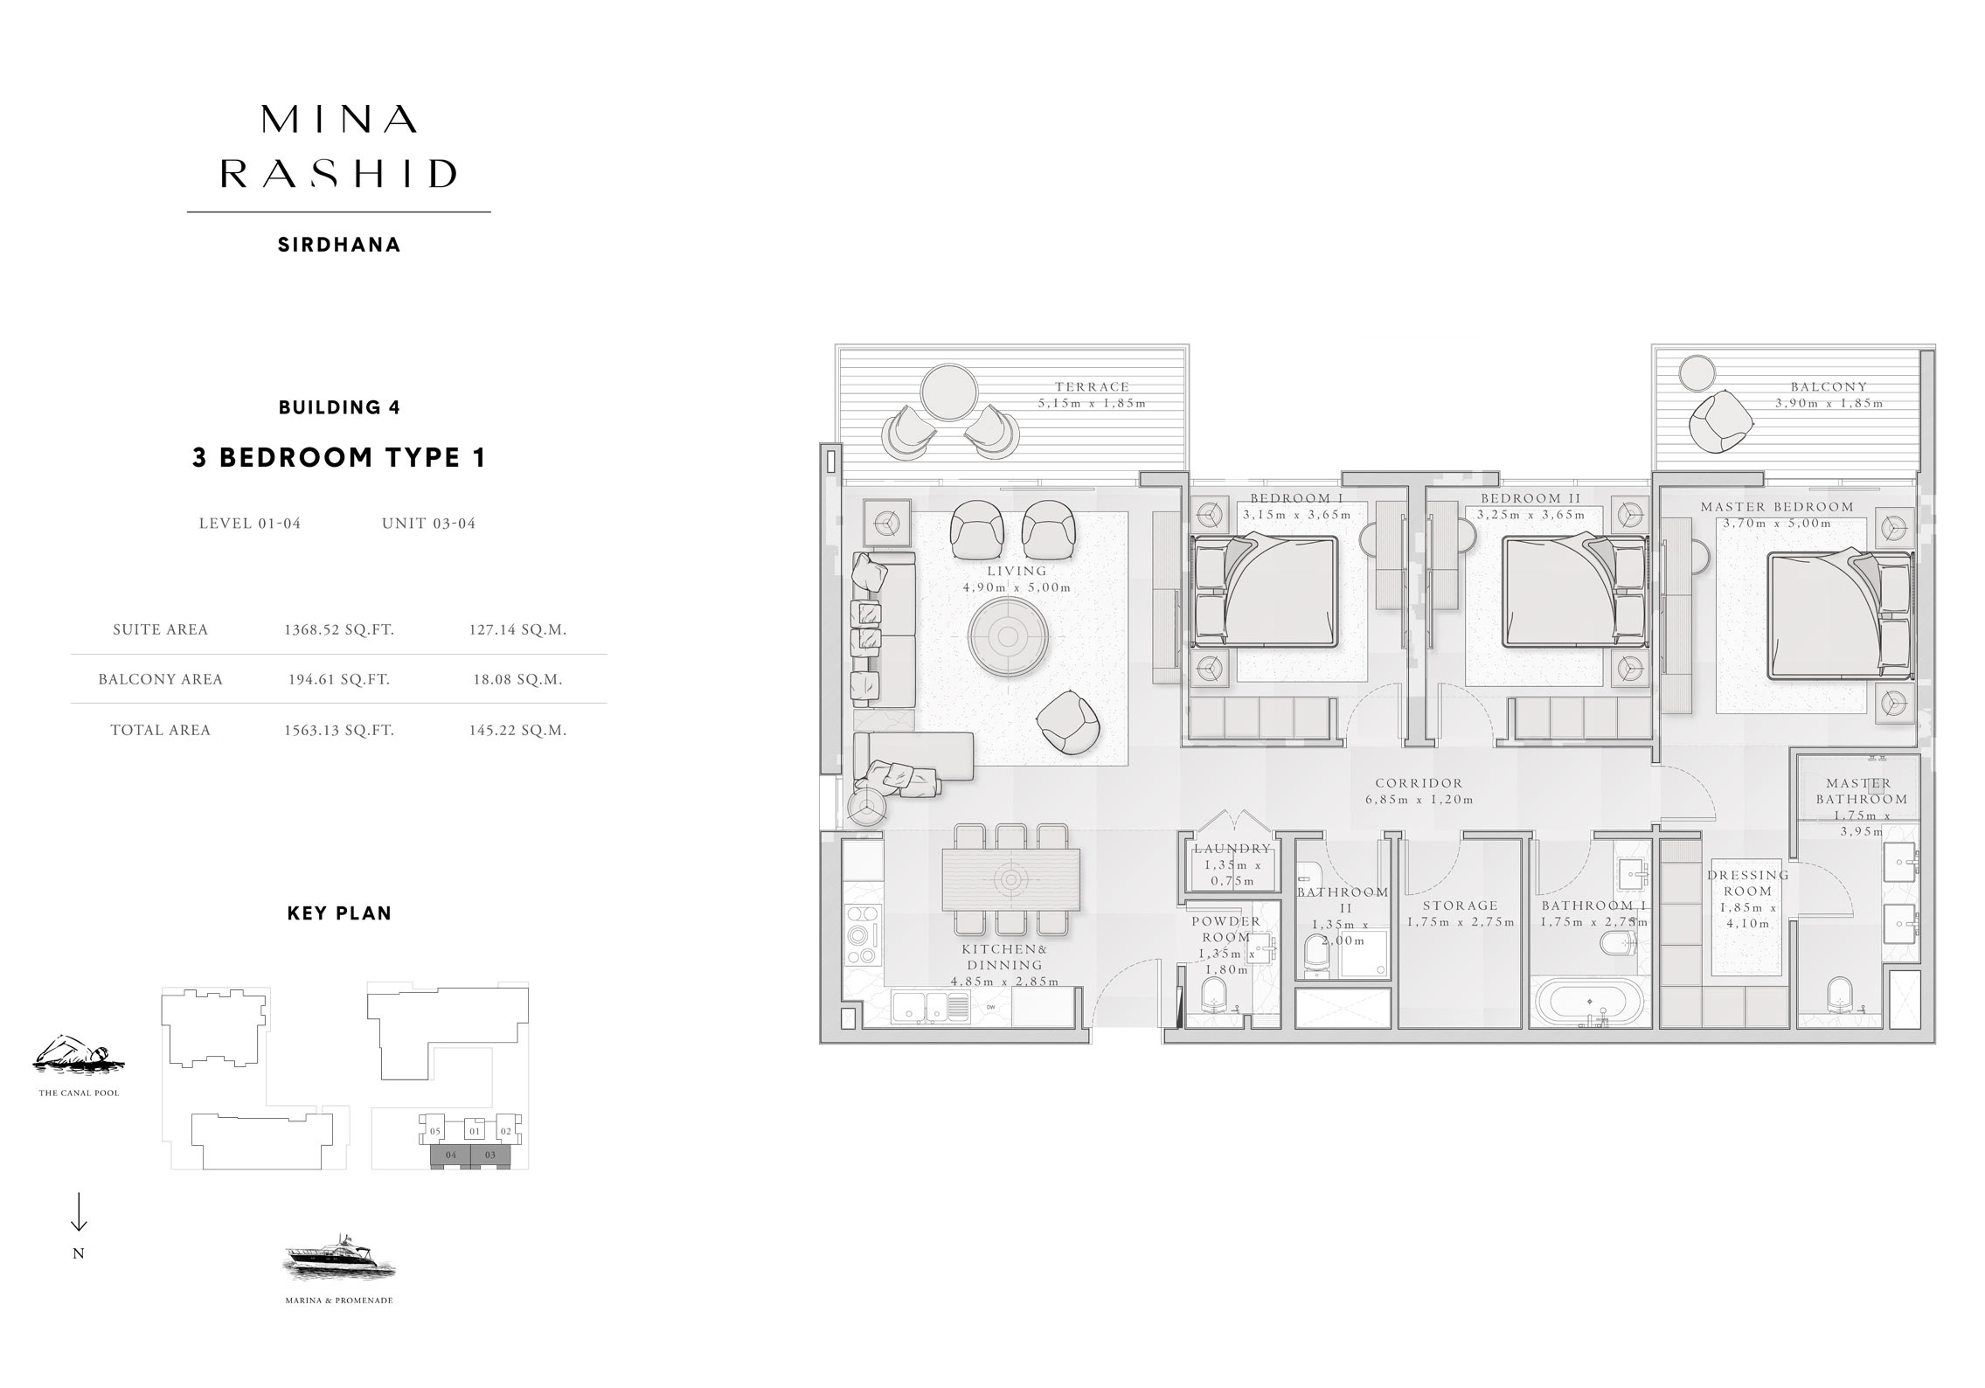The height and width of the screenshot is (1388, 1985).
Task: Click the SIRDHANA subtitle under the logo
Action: click(339, 246)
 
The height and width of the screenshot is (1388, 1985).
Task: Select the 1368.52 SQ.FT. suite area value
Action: click(338, 629)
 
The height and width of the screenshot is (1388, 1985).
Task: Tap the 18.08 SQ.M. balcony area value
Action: click(517, 679)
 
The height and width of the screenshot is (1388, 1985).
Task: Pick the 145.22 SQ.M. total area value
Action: click(517, 730)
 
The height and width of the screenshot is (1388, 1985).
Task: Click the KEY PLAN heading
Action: click(339, 913)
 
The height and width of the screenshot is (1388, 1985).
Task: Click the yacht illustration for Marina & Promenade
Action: click(339, 1259)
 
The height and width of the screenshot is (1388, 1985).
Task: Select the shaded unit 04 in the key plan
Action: click(451, 1156)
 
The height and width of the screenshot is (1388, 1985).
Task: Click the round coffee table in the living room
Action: click(1008, 636)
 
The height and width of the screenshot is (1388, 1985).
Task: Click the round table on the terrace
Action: click(950, 392)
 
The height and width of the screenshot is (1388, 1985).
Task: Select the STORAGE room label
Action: click(1460, 906)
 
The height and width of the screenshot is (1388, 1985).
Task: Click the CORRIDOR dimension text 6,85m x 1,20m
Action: click(1419, 800)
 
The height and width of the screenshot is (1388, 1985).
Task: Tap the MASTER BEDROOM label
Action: click(1776, 507)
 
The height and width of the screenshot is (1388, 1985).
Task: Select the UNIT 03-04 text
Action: click(428, 524)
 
